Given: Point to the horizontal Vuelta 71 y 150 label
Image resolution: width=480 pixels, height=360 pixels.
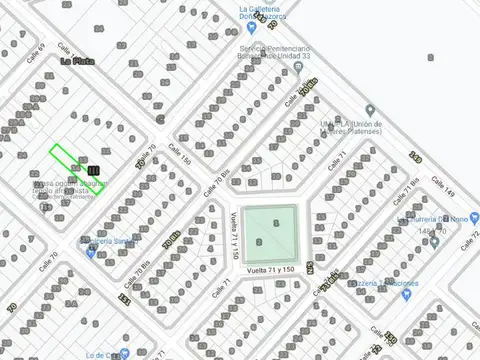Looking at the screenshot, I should pyautogui.click(x=269, y=270).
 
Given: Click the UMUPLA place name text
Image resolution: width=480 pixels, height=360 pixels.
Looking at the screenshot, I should pyautogui.click(x=329, y=124).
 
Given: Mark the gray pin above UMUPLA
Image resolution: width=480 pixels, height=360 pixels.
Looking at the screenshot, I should pyautogui.click(x=369, y=108).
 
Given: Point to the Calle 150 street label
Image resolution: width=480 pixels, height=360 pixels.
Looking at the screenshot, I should pyautogui.click(x=179, y=153).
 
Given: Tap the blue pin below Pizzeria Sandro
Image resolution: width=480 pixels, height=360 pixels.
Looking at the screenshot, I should pyautogui.click(x=91, y=251).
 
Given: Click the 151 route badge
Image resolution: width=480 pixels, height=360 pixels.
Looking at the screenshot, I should pyautogui.click(x=124, y=298).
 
